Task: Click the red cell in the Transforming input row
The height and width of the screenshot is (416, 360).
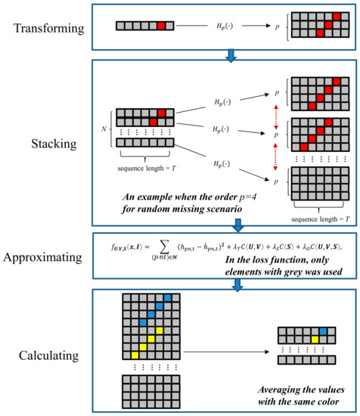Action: tap(160, 26)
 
